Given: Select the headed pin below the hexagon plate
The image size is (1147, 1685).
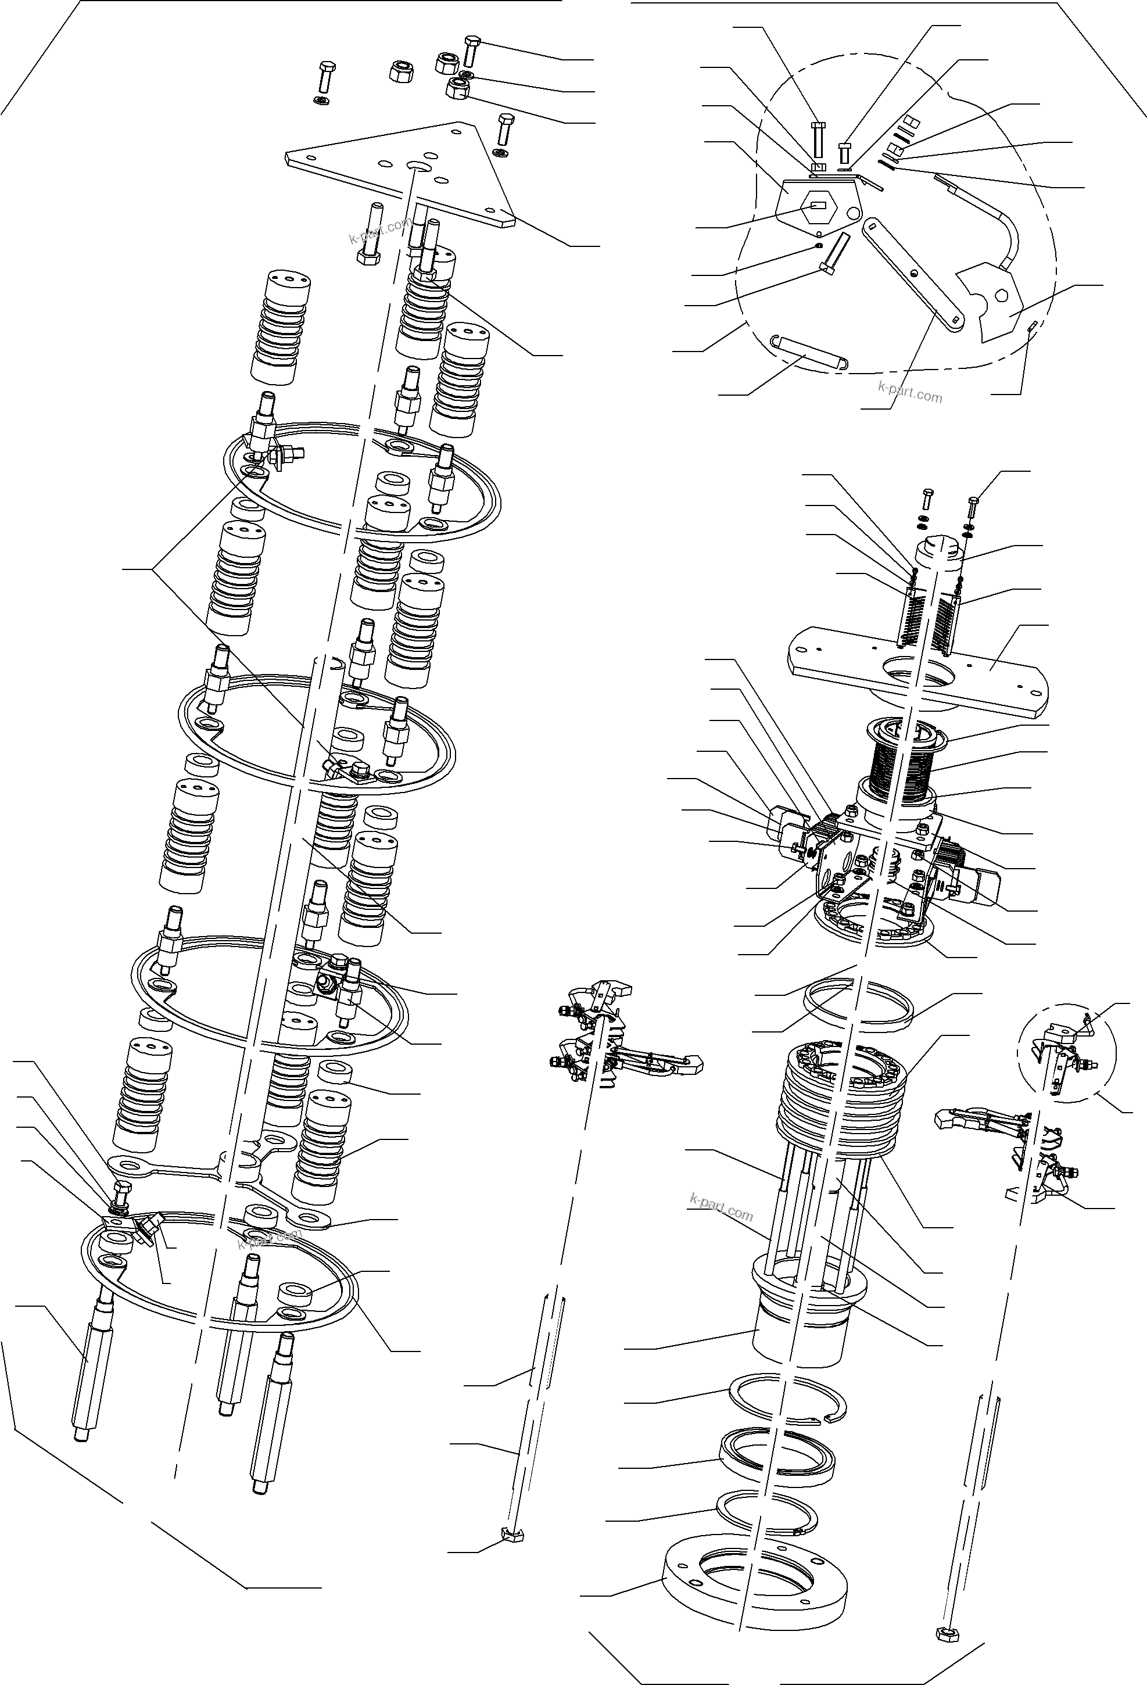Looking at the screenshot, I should click(834, 250).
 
